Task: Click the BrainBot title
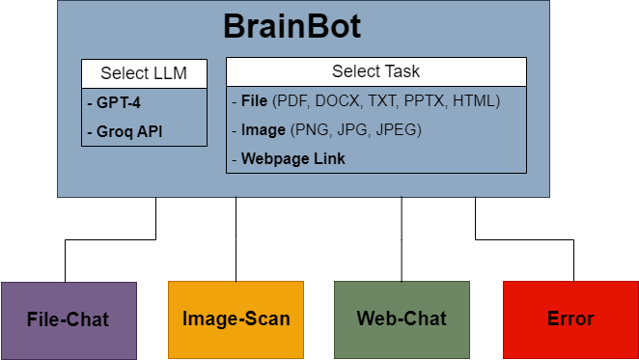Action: coord(292,26)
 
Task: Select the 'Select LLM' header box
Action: coord(144,73)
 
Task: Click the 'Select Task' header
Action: coord(375,71)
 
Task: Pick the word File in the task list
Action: coord(254,100)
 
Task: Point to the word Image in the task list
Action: coord(263,129)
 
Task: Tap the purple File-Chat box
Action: coord(69,318)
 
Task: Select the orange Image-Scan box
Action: coord(236,318)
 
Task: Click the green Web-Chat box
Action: coord(402,318)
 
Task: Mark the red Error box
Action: coord(570,318)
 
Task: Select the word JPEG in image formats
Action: coord(396,129)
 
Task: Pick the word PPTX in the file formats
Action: coord(426,100)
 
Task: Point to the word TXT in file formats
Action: coord(383,100)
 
